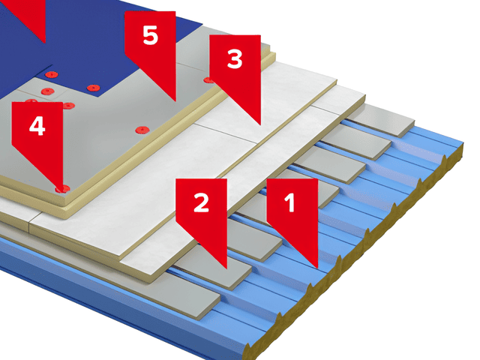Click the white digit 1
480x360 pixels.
click(289, 202)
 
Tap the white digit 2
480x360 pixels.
click(202, 202)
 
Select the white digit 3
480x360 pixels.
click(235, 59)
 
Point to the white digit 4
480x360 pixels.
click(37, 125)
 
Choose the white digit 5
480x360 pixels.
click(150, 35)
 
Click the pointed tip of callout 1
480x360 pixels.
click(317, 268)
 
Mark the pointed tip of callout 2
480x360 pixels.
click(226, 268)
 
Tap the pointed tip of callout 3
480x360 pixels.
click(260, 124)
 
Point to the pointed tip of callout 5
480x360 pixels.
click(175, 100)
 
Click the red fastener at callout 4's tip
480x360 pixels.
click(62, 189)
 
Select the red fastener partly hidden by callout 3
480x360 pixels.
click(208, 80)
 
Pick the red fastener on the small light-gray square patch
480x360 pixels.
click(47, 91)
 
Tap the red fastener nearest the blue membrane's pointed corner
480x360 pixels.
click(93, 88)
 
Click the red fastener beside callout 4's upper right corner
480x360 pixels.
click(69, 106)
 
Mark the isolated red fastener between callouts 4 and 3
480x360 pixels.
click(142, 130)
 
